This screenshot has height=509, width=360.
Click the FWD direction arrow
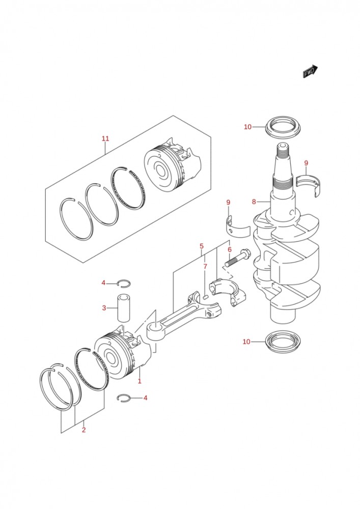(310, 72)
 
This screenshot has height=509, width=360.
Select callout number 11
(105, 138)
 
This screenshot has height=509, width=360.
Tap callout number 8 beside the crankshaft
(254, 202)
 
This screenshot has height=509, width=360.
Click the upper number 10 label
(247, 127)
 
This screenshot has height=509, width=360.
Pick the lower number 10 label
(246, 342)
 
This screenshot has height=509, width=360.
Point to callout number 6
(230, 249)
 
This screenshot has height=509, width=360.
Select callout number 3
(103, 308)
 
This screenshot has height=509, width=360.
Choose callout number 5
(202, 246)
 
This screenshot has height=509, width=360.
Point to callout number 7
(205, 266)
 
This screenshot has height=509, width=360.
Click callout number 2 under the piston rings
(84, 430)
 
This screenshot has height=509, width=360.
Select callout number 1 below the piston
(139, 381)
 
